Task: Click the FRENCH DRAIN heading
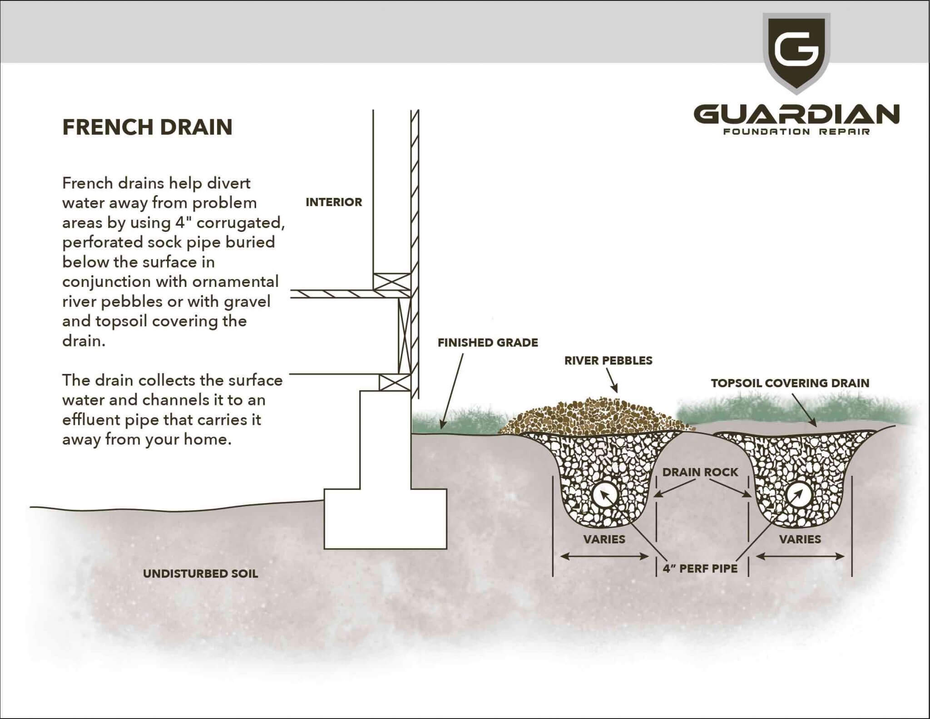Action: tap(147, 127)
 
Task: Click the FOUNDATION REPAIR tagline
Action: tap(796, 132)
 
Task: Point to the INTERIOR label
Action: tap(334, 202)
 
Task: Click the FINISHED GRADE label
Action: tap(488, 343)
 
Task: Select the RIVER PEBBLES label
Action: tap(608, 361)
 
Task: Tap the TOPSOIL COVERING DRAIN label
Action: tap(790, 383)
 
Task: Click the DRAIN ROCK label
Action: tap(700, 473)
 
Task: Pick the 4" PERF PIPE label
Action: tap(700, 568)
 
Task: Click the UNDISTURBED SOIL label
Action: tap(200, 574)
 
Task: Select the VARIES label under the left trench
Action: tap(604, 539)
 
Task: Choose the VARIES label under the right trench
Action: tap(800, 539)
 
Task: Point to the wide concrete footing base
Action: tap(385, 518)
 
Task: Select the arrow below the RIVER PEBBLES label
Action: tap(612, 380)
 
